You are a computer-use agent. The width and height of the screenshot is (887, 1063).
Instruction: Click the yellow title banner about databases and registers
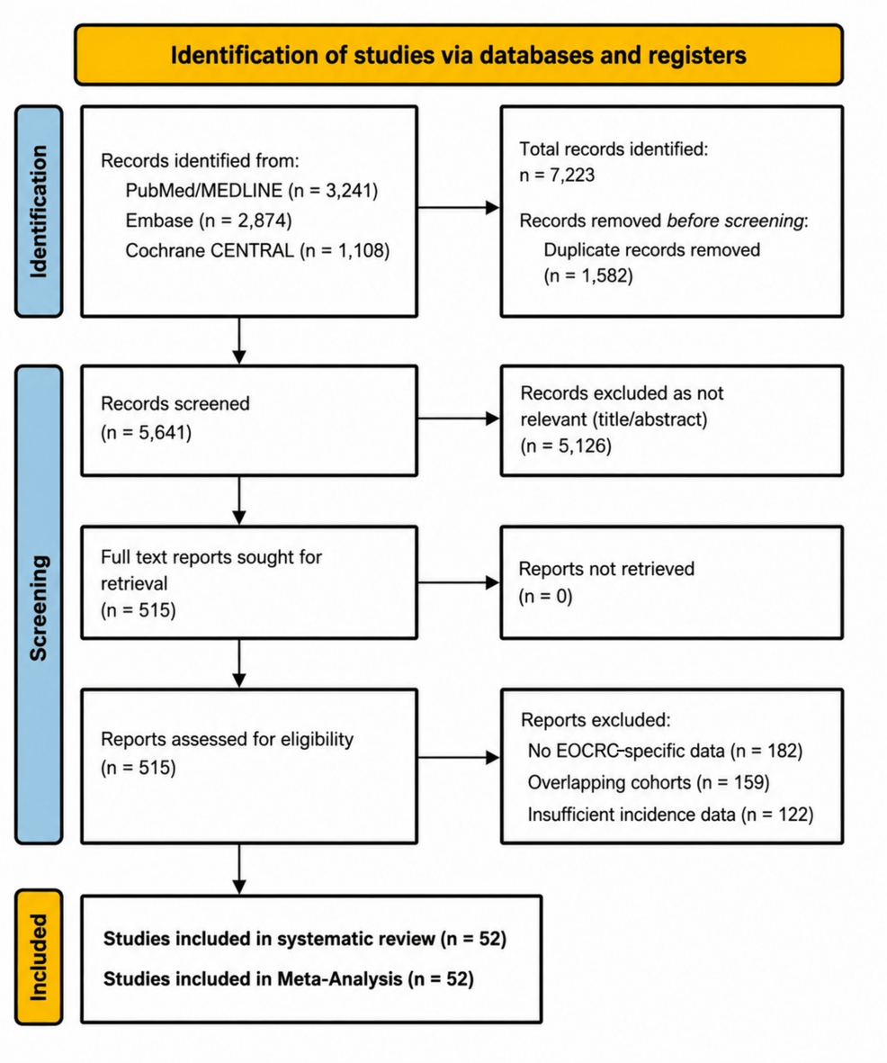click(x=459, y=55)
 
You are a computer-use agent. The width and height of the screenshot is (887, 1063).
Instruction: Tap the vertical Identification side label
click(x=39, y=212)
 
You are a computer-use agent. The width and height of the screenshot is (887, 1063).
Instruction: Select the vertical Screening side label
click(x=39, y=605)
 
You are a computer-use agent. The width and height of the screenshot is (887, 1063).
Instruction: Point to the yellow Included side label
click(x=39, y=957)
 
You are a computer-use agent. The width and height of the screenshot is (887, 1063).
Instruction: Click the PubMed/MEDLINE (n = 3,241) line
click(x=251, y=191)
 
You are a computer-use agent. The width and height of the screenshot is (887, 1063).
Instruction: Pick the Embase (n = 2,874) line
click(x=209, y=221)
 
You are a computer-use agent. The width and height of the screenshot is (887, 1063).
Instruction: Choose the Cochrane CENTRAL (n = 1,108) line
click(x=257, y=251)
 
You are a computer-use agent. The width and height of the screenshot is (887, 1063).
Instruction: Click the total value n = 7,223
click(x=557, y=175)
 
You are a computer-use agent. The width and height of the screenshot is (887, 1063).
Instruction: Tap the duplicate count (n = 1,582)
click(x=588, y=276)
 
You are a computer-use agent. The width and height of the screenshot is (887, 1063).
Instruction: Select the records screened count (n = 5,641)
click(x=147, y=433)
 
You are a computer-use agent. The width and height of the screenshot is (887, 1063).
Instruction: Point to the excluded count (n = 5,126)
click(x=566, y=446)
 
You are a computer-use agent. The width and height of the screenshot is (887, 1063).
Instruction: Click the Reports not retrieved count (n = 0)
click(x=545, y=597)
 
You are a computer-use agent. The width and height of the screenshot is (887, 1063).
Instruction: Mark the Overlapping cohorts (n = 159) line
click(x=649, y=783)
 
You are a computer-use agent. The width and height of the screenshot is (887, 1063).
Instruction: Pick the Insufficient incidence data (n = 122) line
click(x=671, y=815)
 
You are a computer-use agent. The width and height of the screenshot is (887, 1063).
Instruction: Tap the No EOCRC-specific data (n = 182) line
click(x=665, y=752)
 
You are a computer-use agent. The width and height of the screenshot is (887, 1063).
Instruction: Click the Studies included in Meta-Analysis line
click(x=289, y=979)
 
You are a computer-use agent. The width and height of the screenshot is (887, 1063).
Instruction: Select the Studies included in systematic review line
click(x=305, y=939)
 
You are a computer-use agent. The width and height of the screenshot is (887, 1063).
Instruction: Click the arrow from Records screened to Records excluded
click(x=459, y=419)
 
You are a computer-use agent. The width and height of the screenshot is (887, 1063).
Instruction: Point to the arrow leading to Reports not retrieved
click(x=459, y=582)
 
